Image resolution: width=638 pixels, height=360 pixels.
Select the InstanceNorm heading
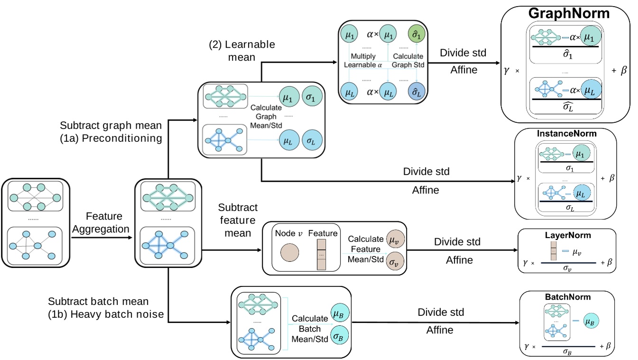[x=566, y=134]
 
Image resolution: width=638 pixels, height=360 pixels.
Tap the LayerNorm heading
[x=567, y=236]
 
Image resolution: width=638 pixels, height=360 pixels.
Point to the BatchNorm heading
[x=567, y=297]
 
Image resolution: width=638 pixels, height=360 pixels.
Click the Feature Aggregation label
[x=104, y=222]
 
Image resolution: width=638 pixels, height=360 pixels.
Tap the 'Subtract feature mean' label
[x=238, y=220]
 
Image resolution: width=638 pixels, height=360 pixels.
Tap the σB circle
[x=339, y=335]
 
